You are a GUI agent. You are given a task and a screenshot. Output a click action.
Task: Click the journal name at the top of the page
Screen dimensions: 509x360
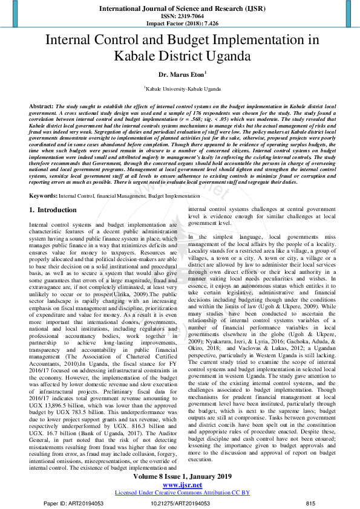coord(180,9)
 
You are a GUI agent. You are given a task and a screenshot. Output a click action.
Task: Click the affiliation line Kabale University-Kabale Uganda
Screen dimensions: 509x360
coord(182,88)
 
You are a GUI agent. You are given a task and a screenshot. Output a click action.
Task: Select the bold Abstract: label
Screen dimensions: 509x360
coord(42,106)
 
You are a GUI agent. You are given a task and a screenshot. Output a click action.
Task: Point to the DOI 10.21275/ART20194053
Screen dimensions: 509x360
coord(180,503)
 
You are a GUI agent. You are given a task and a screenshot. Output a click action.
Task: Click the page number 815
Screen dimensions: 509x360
coord(310,503)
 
